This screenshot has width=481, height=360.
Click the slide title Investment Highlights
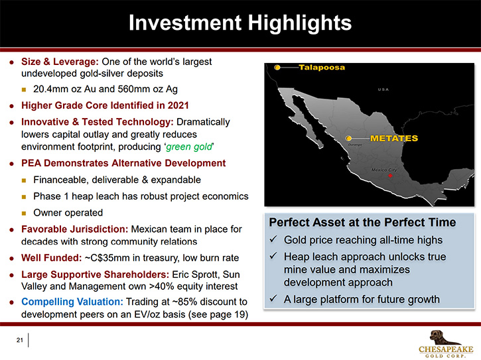[240, 23]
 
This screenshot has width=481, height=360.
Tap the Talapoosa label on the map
[322, 67]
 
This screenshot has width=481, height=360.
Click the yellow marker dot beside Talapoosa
[277, 68]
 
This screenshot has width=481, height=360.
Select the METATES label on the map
[394, 139]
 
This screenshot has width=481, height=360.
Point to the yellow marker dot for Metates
[348, 139]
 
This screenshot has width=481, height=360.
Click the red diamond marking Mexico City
[390, 176]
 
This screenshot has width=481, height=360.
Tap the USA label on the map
[383, 90]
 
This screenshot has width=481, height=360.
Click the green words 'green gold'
[188, 147]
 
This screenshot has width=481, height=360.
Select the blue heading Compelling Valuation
[72, 302]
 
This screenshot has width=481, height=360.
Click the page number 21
[20, 339]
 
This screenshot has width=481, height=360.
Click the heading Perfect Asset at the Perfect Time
[362, 222]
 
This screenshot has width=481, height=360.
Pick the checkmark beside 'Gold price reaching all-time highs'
[273, 239]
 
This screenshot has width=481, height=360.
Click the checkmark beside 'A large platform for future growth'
[273, 298]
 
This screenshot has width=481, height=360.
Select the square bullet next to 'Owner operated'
[24, 213]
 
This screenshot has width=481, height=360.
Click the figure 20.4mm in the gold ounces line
[50, 89]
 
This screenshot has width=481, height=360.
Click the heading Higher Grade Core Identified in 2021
[105, 105]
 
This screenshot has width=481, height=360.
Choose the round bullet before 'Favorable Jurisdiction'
[12, 229]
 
